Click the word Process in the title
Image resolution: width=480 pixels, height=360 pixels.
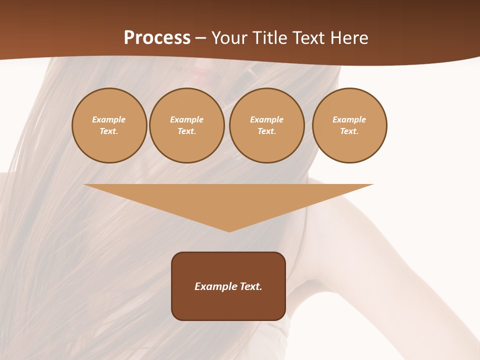tap(157, 37)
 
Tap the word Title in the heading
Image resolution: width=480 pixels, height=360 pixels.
tap(269, 38)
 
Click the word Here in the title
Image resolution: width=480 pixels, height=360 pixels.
tap(350, 38)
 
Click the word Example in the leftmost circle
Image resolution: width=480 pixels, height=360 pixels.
tap(109, 119)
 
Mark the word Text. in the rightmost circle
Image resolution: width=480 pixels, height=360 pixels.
tap(349, 131)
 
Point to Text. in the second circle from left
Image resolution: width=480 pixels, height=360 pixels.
tap(186, 131)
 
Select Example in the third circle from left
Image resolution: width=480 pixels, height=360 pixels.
tap(266, 119)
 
